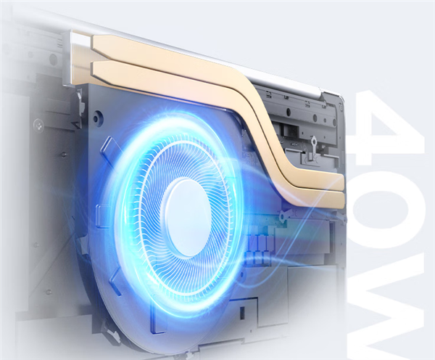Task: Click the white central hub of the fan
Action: (x=186, y=218)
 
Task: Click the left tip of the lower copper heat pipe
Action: (x=91, y=70)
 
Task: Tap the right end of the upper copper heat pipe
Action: (x=344, y=182)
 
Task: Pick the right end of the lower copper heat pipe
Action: (x=344, y=200)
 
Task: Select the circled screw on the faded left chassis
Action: (x=38, y=124)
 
